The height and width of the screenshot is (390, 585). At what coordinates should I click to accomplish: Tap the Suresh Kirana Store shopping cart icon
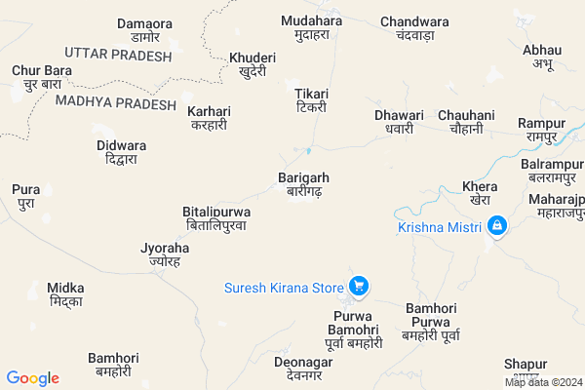coord(359,287)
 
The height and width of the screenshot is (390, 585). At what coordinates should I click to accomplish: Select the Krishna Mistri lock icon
coord(497,226)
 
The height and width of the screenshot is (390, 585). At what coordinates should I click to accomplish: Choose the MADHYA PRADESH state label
coord(116,103)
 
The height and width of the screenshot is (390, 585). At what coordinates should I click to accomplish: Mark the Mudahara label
coord(312,26)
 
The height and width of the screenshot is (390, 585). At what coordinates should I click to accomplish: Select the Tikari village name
coord(312,100)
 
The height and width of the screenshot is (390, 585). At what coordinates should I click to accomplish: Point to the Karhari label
coord(210,118)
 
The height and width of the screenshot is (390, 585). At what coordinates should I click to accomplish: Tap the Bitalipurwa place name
coord(216,217)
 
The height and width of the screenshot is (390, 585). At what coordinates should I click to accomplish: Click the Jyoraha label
coord(165,255)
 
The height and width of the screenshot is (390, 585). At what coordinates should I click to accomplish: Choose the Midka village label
coord(65,295)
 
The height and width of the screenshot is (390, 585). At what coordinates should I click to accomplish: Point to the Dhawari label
coord(400,122)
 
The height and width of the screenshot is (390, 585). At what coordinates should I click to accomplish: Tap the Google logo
coord(33,378)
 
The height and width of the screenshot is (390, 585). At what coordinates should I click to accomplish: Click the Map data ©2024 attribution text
coord(541,382)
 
